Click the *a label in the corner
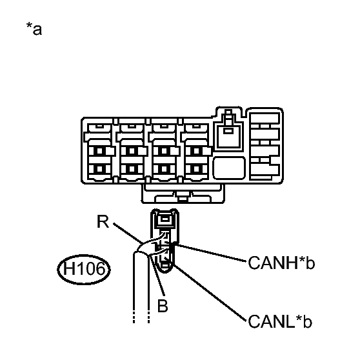[34, 28]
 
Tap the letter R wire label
[103, 221]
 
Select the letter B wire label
[163, 306]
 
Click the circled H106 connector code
[84, 269]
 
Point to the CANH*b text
[281, 263]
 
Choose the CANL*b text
[280, 322]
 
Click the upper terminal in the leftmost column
[99, 151]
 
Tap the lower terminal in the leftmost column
[99, 169]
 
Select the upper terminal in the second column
[132, 151]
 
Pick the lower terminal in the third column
[164, 169]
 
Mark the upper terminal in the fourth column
[197, 151]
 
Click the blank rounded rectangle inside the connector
[229, 168]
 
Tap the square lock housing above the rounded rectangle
[228, 136]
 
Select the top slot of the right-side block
[265, 119]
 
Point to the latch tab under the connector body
[183, 194]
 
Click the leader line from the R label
[128, 233]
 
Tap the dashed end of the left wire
[134, 317]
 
